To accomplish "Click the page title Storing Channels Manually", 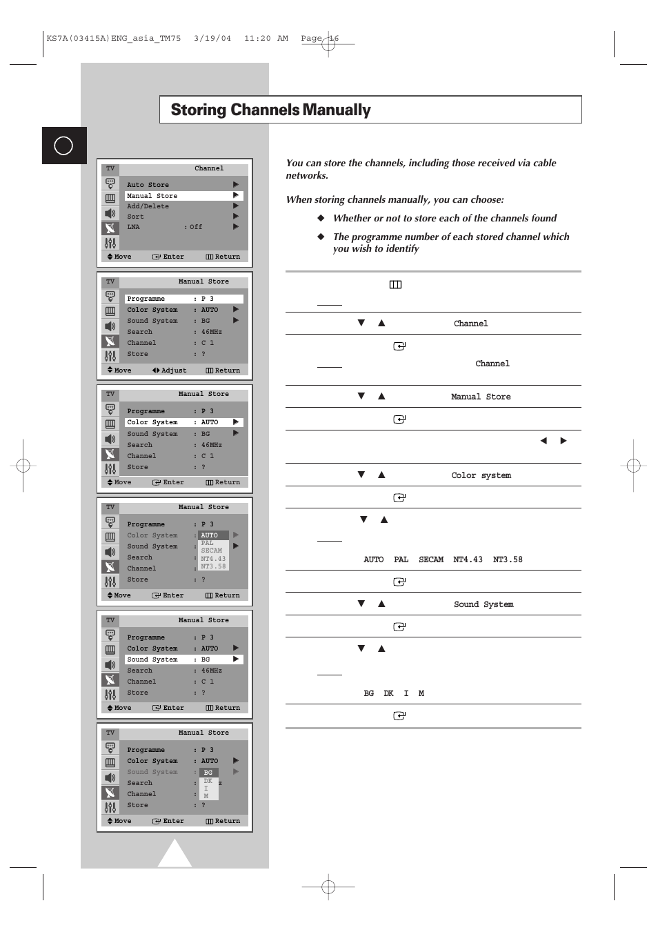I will (270, 110).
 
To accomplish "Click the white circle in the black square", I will (63, 146).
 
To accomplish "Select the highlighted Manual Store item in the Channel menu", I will (152, 196).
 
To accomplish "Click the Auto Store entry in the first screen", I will (148, 185).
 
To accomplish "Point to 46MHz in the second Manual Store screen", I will (211, 332).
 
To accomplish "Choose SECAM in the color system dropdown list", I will (211, 551).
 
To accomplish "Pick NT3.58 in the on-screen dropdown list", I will (212, 566).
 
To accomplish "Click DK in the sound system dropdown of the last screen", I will (208, 781).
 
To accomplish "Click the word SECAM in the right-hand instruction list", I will (431, 559).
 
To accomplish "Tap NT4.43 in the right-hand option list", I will (468, 559).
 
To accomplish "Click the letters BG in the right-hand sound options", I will (368, 693).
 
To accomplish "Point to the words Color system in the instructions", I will (481, 475).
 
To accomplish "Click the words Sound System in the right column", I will (483, 604).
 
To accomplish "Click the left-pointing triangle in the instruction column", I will (544, 441).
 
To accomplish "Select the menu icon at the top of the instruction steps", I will (395, 284).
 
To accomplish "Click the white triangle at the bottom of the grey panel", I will (175, 855).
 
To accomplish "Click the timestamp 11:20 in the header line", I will (257, 39).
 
